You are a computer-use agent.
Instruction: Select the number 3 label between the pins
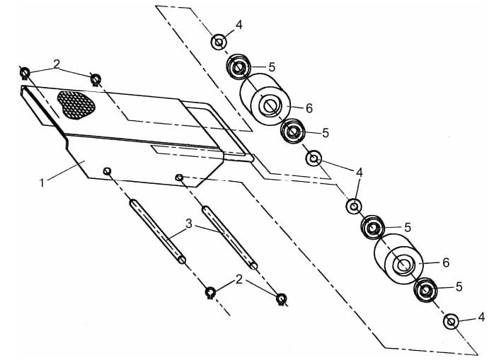point(189,223)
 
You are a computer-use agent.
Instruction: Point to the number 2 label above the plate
point(57,64)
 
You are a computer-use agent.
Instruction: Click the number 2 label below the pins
point(239,279)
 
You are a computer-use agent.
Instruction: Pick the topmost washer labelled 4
point(219,42)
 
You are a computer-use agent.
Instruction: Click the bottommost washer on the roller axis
point(450,322)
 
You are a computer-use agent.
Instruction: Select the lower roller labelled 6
point(399,262)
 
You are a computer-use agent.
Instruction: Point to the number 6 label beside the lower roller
point(446,262)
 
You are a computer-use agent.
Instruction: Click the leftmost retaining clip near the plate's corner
point(25,72)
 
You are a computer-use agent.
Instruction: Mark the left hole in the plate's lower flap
point(107,170)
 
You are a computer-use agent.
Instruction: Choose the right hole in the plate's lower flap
point(180,177)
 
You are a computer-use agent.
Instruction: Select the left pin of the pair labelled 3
point(157,231)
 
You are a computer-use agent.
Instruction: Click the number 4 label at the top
point(239,25)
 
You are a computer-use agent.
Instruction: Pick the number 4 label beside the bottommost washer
point(482,316)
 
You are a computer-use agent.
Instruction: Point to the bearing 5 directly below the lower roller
point(425,290)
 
